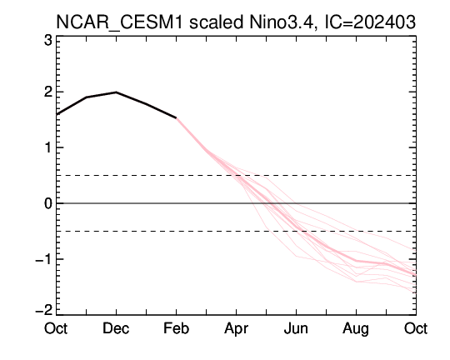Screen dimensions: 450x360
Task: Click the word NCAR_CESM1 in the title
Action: pyautogui.click(x=119, y=22)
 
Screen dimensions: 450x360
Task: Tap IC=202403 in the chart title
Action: pyautogui.click(x=370, y=22)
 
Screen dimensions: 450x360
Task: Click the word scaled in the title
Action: pyautogui.click(x=216, y=22)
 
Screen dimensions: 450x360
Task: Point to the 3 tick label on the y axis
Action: pyautogui.click(x=48, y=41)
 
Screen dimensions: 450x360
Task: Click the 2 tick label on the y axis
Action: pyautogui.click(x=48, y=92)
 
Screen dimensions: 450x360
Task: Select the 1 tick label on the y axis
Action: pyautogui.click(x=48, y=147)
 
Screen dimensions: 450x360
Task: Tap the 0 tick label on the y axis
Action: pyautogui.click(x=48, y=203)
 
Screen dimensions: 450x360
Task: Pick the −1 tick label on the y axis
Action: pyautogui.click(x=44, y=259)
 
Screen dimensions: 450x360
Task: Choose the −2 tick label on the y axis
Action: pyautogui.click(x=44, y=310)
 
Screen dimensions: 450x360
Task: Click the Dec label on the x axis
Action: pyautogui.click(x=116, y=328)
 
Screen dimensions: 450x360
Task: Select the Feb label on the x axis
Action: pyautogui.click(x=176, y=328)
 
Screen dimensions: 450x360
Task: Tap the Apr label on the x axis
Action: pyautogui.click(x=236, y=329)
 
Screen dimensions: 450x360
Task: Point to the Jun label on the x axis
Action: pyautogui.click(x=296, y=328)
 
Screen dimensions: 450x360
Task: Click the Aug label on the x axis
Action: pyautogui.click(x=356, y=329)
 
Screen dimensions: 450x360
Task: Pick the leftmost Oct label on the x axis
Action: pyautogui.click(x=56, y=328)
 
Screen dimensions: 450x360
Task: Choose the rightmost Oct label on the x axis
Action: pyautogui.click(x=416, y=328)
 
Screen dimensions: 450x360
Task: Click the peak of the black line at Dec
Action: pyautogui.click(x=116, y=92)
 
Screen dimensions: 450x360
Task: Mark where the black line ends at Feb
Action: pyautogui.click(x=176, y=118)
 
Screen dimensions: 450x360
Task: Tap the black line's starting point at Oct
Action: pyautogui.click(x=57, y=114)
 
